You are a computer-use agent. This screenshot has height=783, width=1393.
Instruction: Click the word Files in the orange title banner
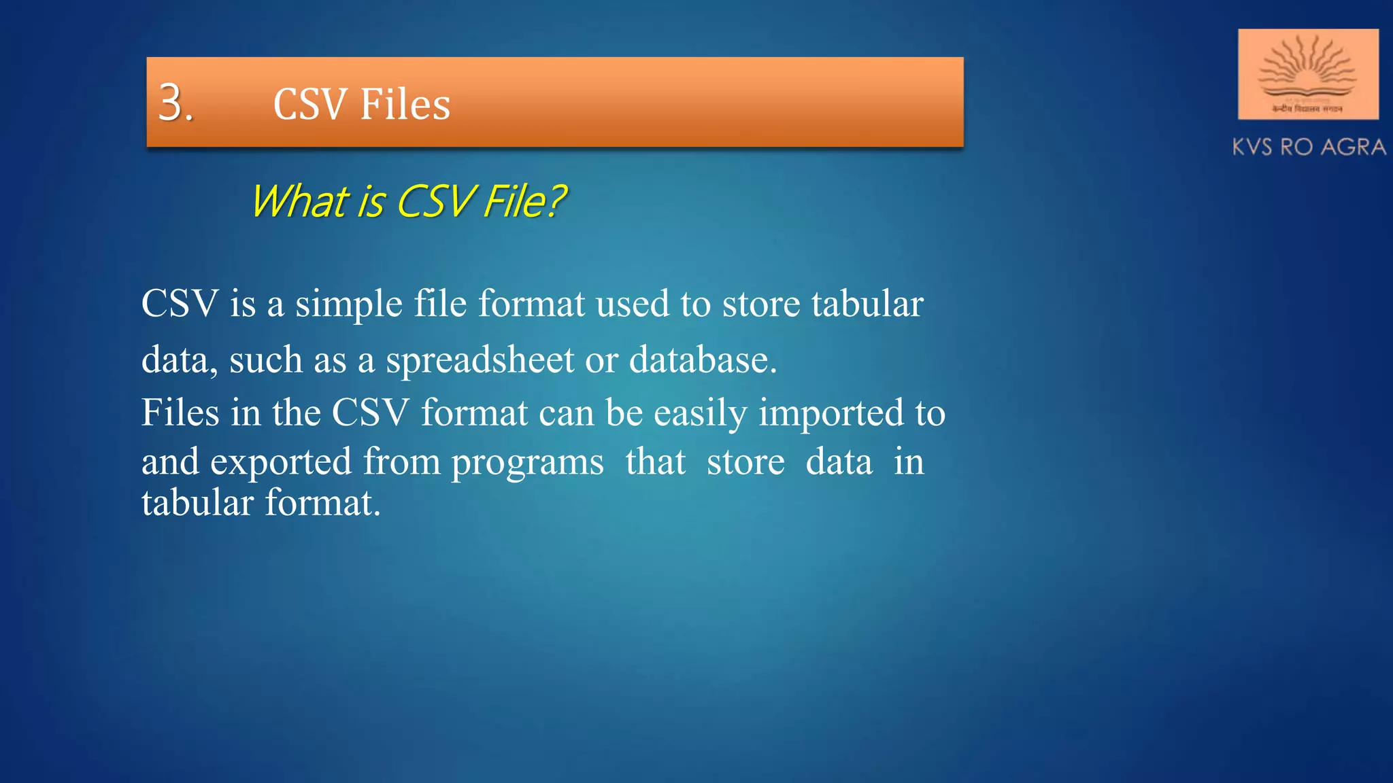click(405, 105)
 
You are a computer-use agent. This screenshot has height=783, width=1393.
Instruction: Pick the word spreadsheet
click(480, 360)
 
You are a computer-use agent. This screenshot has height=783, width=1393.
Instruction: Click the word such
click(265, 360)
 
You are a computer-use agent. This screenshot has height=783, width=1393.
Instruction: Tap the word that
click(655, 462)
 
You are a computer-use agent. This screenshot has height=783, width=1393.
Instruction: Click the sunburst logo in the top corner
click(1307, 73)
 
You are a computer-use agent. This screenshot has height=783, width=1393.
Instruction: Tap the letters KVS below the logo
click(1253, 147)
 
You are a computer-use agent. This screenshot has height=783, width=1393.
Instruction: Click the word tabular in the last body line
click(197, 503)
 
